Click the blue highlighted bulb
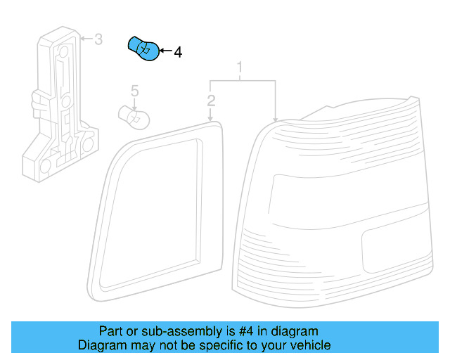coord(143,49)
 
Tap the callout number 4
coord(177,52)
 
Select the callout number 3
coord(98,39)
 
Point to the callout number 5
coord(135,90)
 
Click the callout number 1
coord(240,67)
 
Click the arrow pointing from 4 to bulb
coord(165,51)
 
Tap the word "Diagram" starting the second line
coord(101,345)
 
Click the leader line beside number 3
coord(86,39)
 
